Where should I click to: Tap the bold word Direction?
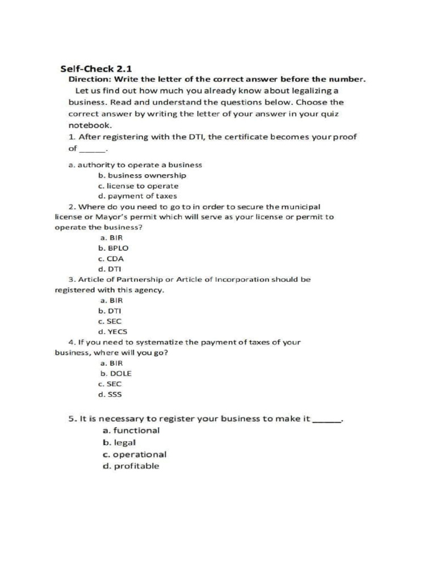[x=88, y=79]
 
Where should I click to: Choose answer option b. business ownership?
[x=142, y=175]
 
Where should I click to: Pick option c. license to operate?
[x=138, y=186]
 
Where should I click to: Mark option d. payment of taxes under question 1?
[x=137, y=196]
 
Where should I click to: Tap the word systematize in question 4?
[x=156, y=342]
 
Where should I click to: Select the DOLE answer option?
[x=116, y=373]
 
